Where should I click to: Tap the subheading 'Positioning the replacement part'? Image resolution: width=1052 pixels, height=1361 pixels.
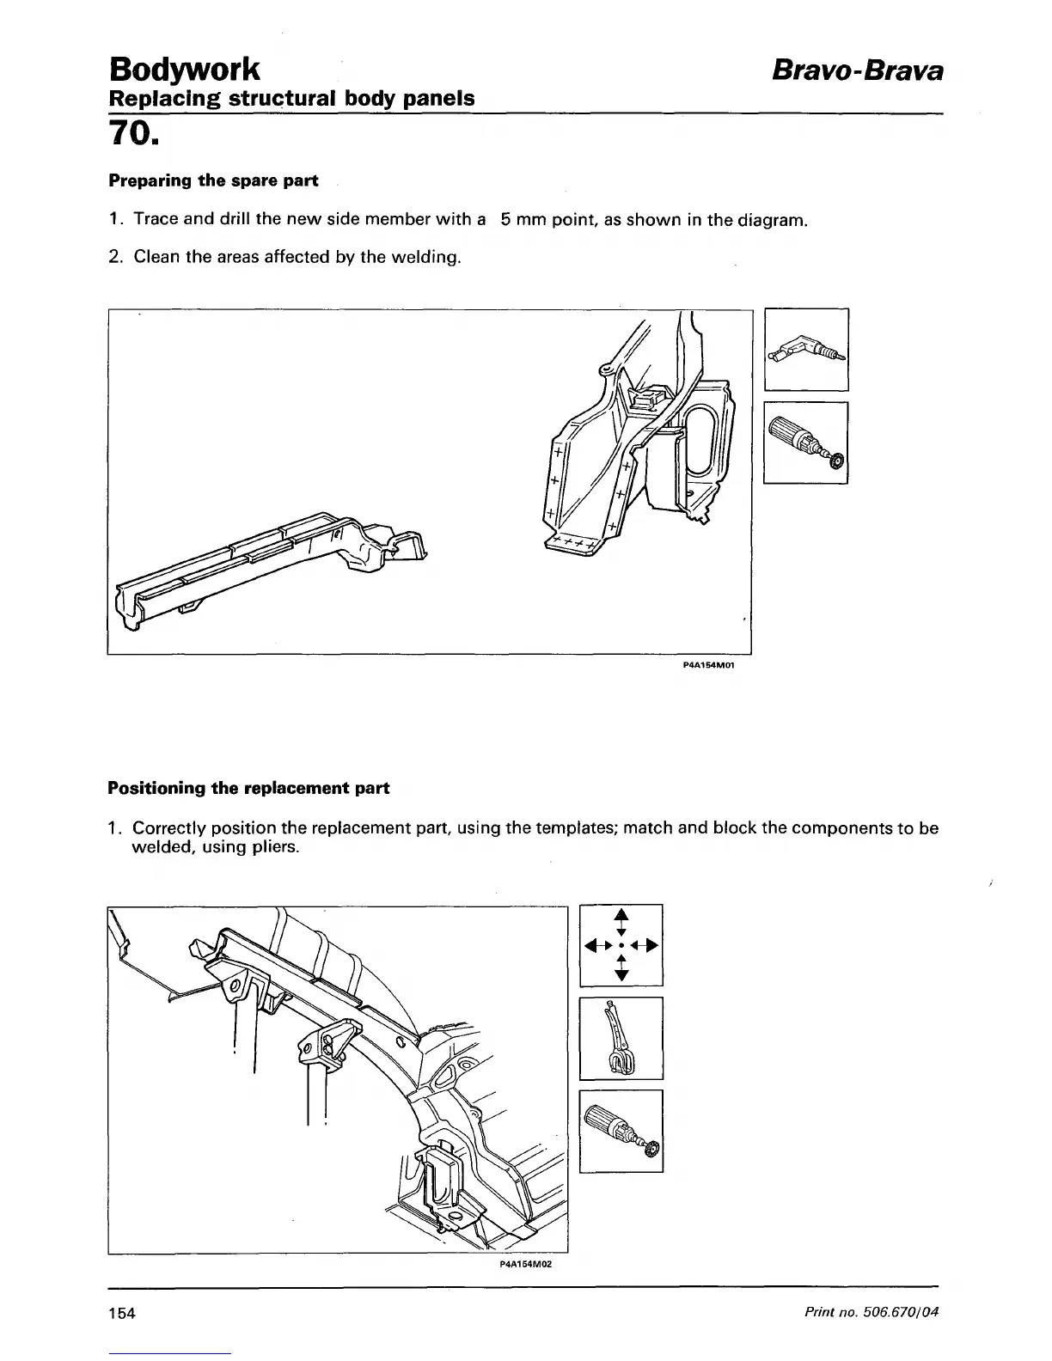248,788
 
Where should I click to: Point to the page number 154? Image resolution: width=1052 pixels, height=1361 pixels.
123,1314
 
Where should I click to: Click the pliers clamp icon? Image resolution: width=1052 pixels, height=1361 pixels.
621,1038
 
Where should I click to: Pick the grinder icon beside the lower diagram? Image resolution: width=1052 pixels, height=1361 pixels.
621,1130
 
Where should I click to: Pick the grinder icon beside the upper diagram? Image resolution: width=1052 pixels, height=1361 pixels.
805,442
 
